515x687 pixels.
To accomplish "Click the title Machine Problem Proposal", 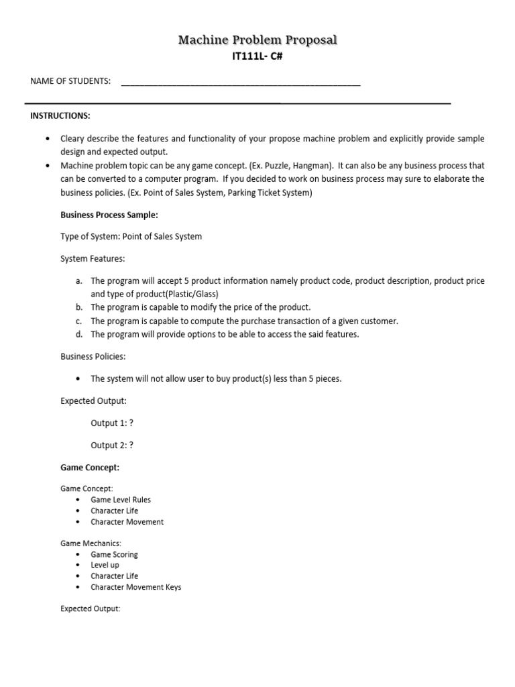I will (257, 41).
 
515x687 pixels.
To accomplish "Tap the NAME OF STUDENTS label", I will (70, 81).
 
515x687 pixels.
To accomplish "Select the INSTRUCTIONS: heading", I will (60, 116).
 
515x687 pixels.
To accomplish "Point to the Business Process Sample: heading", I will (109, 215).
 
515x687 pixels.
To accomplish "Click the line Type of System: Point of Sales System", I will (131, 236).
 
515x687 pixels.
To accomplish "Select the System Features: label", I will (93, 258).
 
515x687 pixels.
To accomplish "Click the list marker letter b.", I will (78, 307).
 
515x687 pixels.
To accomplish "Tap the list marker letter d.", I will (78, 334).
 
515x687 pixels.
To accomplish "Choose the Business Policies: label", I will (93, 356).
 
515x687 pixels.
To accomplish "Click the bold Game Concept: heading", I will (90, 468).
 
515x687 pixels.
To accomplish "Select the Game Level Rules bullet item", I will (121, 500).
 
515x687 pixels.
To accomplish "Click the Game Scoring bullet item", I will (114, 554).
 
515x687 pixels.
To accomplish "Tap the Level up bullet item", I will (105, 565).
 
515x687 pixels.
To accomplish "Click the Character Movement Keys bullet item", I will (136, 587).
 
